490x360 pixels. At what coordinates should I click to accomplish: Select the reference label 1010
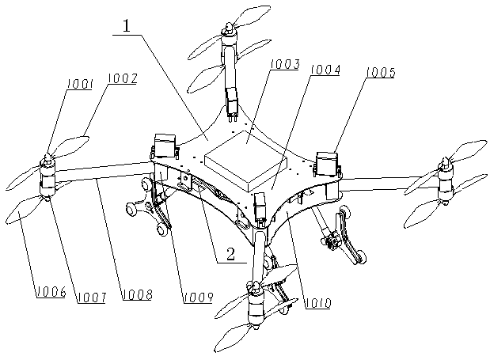[x=316, y=301]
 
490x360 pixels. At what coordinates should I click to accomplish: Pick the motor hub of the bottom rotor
[x=255, y=305]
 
